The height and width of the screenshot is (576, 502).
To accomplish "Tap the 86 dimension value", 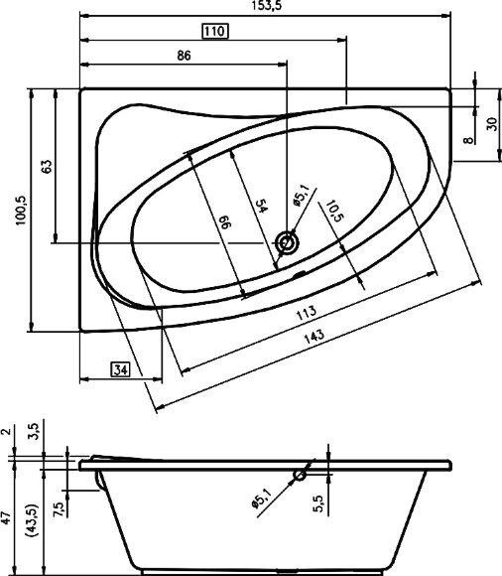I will coord(184,56).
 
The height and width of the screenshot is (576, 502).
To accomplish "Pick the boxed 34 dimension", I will coord(120,370).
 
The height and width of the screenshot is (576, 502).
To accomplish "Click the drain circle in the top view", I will coord(289,240).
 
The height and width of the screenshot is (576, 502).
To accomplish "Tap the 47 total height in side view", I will coord(8,516).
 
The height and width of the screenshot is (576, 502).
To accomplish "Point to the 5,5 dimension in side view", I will coord(319,505).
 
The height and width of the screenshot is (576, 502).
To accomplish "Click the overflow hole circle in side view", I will coord(299,477).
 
